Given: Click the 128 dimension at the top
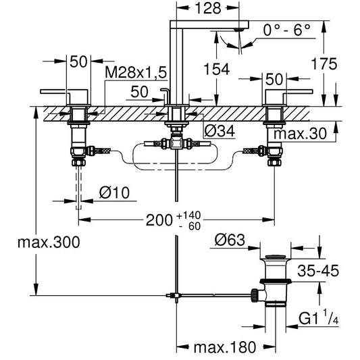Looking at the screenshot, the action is pyautogui.click(x=208, y=9).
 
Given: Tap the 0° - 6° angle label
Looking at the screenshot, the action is pyautogui.click(x=286, y=30).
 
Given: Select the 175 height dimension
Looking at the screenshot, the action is pyautogui.click(x=324, y=63).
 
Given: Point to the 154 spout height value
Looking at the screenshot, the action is pyautogui.click(x=217, y=69).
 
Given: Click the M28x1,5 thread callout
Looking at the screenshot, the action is pyautogui.click(x=136, y=72).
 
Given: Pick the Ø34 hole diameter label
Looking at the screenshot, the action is pyautogui.click(x=220, y=131).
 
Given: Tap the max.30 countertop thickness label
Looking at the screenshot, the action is pyautogui.click(x=300, y=133).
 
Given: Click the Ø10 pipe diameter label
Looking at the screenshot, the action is pyautogui.click(x=114, y=192).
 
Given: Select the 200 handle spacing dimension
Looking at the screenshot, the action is pyautogui.click(x=159, y=220).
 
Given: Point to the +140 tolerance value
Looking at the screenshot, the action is pyautogui.click(x=188, y=215).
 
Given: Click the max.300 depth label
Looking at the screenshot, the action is pyautogui.click(x=49, y=242).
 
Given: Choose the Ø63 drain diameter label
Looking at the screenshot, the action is pyautogui.click(x=230, y=240).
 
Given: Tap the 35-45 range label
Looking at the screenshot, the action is pyautogui.click(x=318, y=270).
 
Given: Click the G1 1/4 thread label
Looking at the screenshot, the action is pyautogui.click(x=319, y=317).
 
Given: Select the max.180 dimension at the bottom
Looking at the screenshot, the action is pyautogui.click(x=225, y=347).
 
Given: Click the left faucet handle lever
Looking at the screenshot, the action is pyautogui.click(x=63, y=92).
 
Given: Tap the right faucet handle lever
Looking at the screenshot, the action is pyautogui.click(x=289, y=92).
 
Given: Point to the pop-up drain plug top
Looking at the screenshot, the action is pyautogui.click(x=276, y=257).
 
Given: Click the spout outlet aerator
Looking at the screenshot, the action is pyautogui.click(x=239, y=30).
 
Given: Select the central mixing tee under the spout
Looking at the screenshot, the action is pyautogui.click(x=176, y=143).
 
